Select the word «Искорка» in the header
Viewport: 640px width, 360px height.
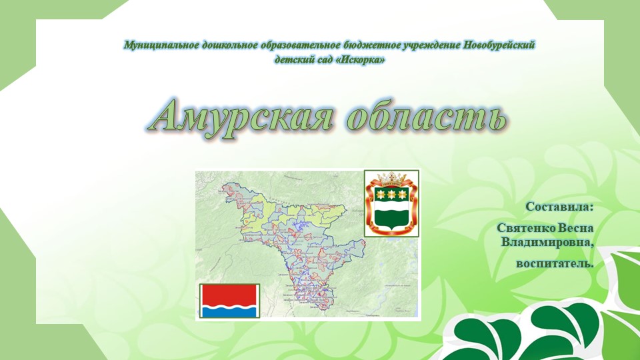[x=361, y=60]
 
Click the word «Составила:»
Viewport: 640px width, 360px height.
[x=559, y=207]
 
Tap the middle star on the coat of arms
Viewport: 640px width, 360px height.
[x=392, y=194]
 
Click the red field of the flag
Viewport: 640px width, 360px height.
[x=229, y=293]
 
